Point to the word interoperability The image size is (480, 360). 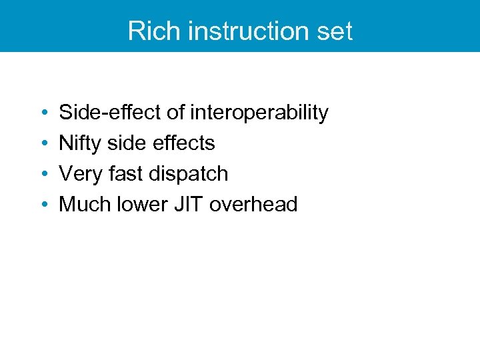tap(259, 113)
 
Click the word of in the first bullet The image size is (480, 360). tap(175, 113)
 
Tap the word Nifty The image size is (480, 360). tap(79, 143)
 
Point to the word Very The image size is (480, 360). tap(77, 174)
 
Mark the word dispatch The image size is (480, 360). tap(188, 174)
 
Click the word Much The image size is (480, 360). tap(81, 205)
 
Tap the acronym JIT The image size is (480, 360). tap(183, 205)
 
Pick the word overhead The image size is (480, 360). tap(253, 205)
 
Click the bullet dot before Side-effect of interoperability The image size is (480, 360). tap(43, 113)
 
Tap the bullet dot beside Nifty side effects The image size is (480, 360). tap(43, 144)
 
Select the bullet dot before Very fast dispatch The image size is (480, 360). tap(43, 175)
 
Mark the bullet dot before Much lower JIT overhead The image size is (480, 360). tap(43, 205)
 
